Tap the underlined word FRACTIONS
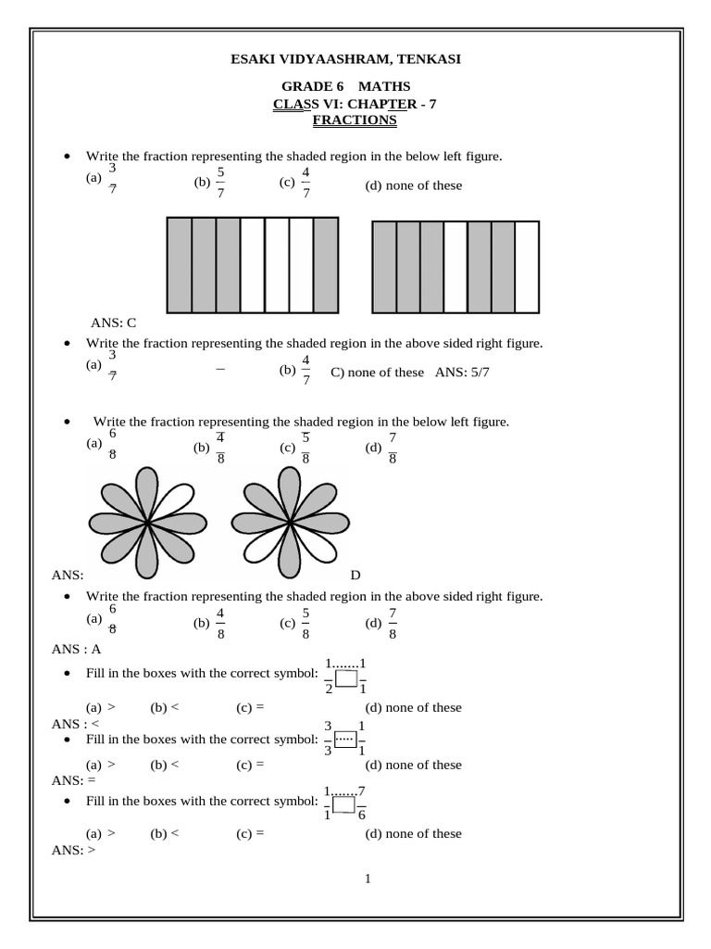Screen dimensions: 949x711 coord(355,120)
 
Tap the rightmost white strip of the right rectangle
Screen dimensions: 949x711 coord(526,267)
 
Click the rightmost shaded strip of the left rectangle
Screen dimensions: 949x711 coord(325,265)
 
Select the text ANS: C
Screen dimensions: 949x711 coord(113,323)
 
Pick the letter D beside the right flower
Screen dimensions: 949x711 coord(355,576)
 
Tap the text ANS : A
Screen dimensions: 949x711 coord(76,650)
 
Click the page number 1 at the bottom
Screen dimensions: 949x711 coord(368,879)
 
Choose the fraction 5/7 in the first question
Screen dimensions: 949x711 coord(220,183)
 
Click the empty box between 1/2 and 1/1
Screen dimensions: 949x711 coord(346,679)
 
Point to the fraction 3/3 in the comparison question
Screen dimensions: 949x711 coord(328,739)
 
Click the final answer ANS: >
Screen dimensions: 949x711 coord(75,849)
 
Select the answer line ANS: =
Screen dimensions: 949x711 coord(75,780)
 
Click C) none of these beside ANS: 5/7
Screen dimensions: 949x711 coord(377,373)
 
